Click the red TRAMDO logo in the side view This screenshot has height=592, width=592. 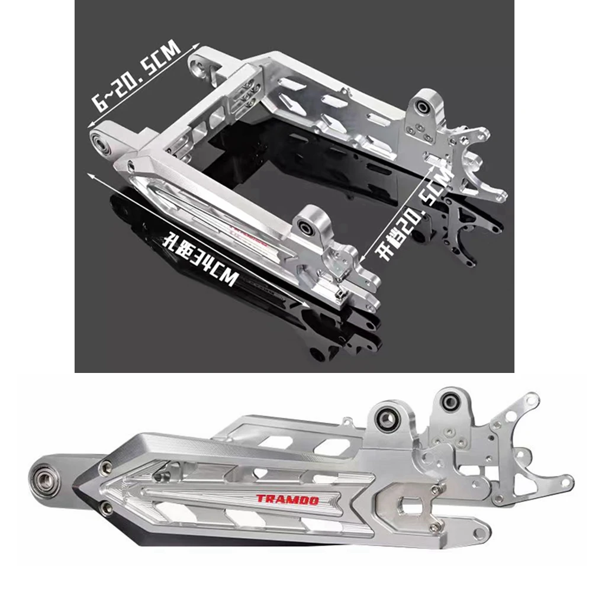click(287, 499)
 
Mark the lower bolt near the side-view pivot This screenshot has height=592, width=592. click(105, 507)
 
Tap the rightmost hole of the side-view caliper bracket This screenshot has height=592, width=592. click(568, 479)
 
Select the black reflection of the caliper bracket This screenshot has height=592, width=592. click(468, 237)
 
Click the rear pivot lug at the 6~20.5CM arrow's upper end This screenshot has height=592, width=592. click(198, 62)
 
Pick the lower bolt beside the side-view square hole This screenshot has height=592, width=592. click(437, 526)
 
